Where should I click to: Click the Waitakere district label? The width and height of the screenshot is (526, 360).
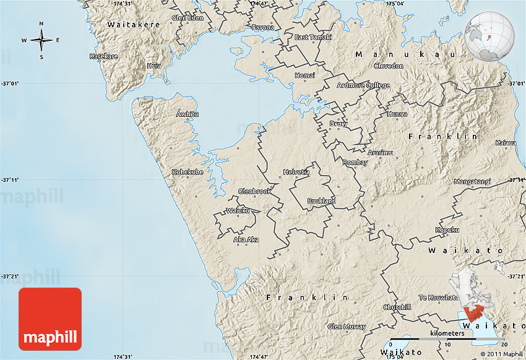(134, 25)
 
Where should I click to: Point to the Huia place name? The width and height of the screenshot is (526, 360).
(154, 66)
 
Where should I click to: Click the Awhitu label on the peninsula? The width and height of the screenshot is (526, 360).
(188, 114)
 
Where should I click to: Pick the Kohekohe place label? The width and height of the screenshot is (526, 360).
(187, 172)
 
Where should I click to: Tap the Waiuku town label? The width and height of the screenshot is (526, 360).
(238, 211)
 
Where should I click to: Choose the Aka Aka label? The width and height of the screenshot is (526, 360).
(246, 239)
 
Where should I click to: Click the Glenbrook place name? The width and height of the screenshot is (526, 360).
(254, 191)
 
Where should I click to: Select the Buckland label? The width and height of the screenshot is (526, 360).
(322, 201)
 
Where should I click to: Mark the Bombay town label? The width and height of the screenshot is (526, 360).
(355, 163)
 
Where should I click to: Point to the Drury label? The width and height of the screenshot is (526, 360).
(338, 124)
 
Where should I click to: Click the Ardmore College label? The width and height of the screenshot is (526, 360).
(363, 85)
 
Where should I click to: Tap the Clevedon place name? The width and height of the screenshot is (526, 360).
(388, 66)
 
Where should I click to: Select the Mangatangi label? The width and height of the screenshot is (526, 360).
(472, 182)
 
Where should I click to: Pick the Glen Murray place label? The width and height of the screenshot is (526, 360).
(347, 327)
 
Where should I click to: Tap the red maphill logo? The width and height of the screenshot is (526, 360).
(50, 320)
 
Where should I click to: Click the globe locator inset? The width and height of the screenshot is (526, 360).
(489, 37)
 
